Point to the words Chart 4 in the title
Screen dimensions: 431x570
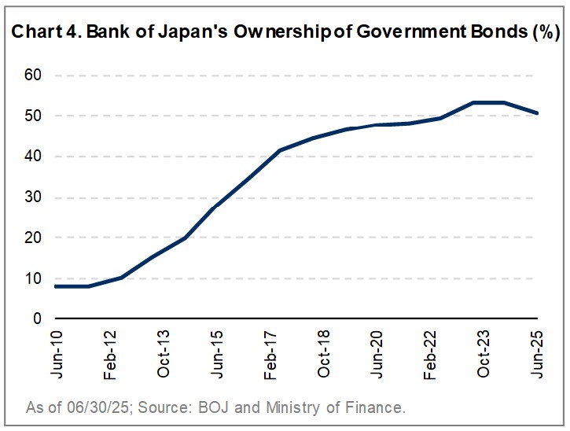(35, 34)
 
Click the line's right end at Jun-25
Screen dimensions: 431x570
(538, 113)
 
